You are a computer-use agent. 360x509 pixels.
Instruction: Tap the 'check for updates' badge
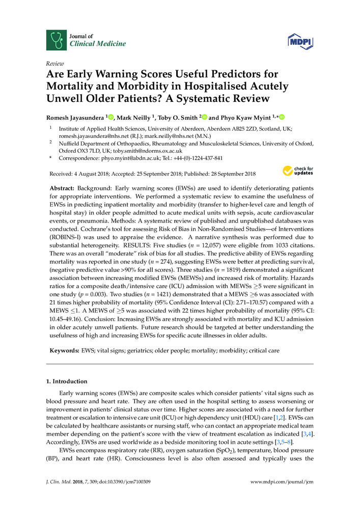[x=298, y=171]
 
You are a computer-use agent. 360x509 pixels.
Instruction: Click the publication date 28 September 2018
[x=226, y=174]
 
